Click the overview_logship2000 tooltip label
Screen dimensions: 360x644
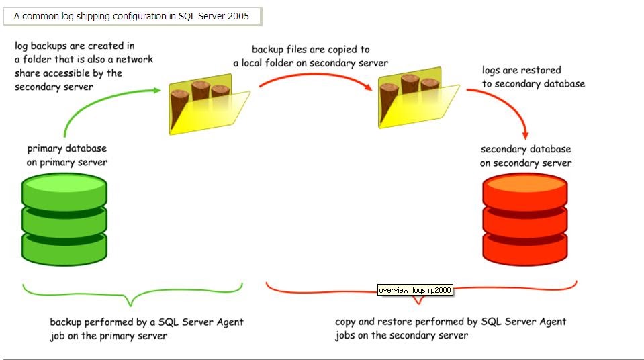click(x=414, y=290)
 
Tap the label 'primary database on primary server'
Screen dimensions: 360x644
click(x=66, y=155)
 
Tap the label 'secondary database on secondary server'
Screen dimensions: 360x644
click(x=526, y=156)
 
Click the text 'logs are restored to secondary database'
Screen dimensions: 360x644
click(x=533, y=77)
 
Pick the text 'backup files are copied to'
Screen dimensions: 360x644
click(x=310, y=50)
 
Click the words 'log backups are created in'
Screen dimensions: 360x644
click(x=75, y=46)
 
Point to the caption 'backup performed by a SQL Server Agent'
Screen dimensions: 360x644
click(x=146, y=322)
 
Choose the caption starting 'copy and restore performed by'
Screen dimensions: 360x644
click(x=450, y=322)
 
